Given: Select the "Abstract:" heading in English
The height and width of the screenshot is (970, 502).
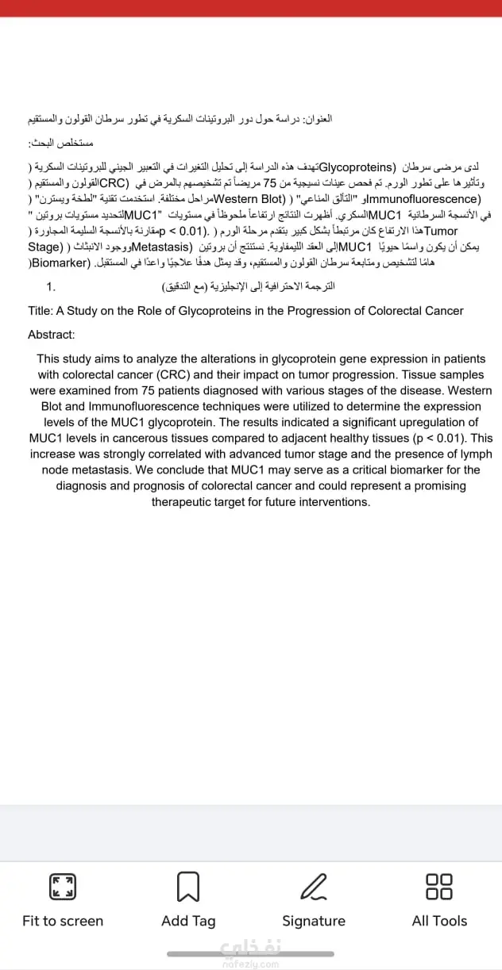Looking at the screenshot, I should (x=52, y=335).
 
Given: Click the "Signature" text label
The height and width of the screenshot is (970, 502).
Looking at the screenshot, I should (x=314, y=921).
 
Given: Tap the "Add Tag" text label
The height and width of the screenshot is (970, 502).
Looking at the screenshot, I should (x=188, y=921).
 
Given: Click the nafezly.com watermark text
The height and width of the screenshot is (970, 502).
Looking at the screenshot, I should (x=251, y=964).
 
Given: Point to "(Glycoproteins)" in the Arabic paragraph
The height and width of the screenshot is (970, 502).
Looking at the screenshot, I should (x=357, y=167).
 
